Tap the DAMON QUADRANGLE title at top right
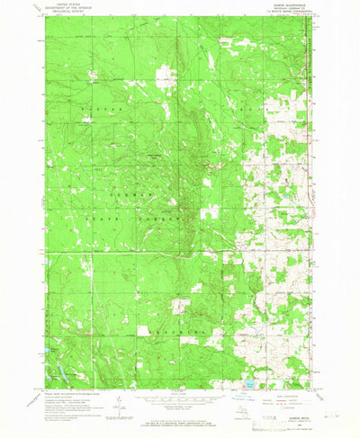pyautogui.click(x=289, y=4)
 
